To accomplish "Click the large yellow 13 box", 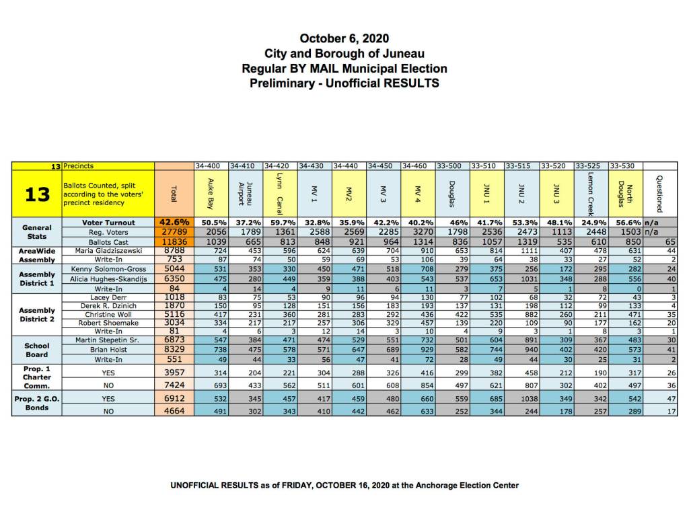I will click(37, 194).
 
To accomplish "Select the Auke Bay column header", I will click(211, 192).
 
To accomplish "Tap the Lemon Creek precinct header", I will click(591, 194).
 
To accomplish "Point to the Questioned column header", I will click(659, 194).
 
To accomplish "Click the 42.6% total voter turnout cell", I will click(174, 222).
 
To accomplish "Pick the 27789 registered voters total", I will click(174, 231).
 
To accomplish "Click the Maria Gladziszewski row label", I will click(108, 250).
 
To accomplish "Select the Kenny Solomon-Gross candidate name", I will click(108, 269).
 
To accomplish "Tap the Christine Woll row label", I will click(108, 313).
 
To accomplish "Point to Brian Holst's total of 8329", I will click(174, 350).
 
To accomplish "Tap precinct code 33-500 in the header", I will click(450, 165).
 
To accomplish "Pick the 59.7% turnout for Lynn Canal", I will click(279, 222).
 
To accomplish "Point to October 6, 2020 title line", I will click(344, 38).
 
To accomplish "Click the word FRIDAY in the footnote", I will click(287, 485).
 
